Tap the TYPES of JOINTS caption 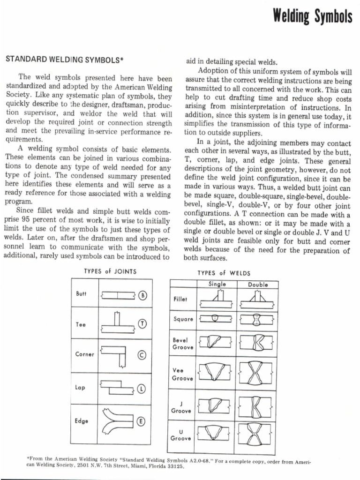coord(110,271)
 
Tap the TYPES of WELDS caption coord(224,273)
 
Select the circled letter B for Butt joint coord(143,295)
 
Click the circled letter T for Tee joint coord(142,323)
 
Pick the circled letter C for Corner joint coord(142,354)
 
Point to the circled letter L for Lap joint coord(142,389)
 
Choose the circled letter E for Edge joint coord(141,421)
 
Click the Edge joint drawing coord(115,421)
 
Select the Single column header coord(217,284)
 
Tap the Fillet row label coord(180,299)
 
